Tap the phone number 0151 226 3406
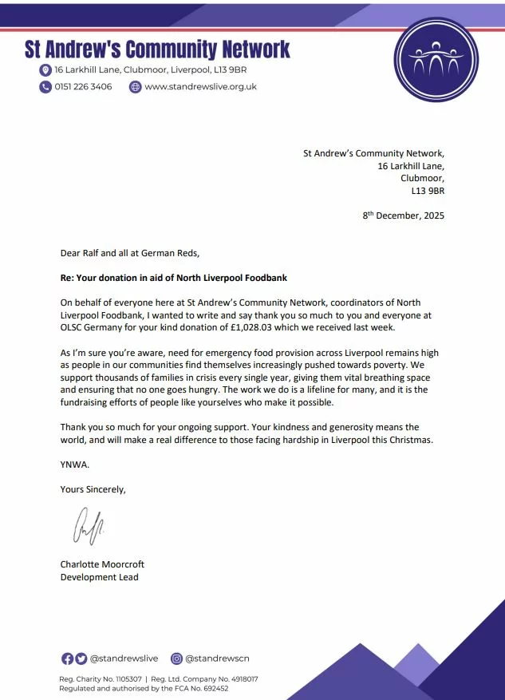[x=83, y=87]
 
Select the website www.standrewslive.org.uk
[x=200, y=87]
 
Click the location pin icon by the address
[x=45, y=70]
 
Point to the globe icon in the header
[x=135, y=87]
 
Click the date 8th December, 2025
[x=404, y=216]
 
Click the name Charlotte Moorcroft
[x=102, y=564]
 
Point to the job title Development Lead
[x=99, y=577]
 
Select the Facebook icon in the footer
[x=67, y=658]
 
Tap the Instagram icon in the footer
[x=177, y=658]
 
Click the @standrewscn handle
[x=215, y=658]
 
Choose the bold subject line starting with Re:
[x=173, y=278]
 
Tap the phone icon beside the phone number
[x=45, y=87]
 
